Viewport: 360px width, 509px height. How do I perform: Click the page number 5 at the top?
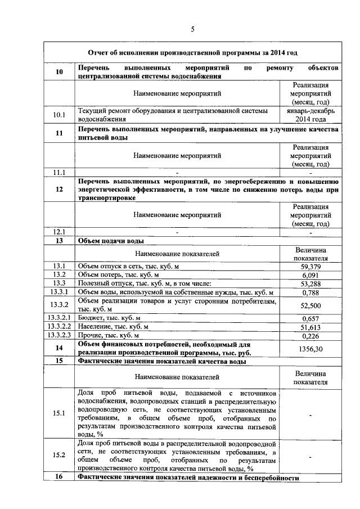click(x=192, y=29)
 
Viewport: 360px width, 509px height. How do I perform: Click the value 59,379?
click(x=310, y=266)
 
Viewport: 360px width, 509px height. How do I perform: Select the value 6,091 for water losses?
click(x=310, y=274)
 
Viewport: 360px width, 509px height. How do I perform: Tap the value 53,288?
click(x=310, y=283)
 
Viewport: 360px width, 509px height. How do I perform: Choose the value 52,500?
click(x=310, y=305)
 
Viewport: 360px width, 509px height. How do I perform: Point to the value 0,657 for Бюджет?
click(x=310, y=318)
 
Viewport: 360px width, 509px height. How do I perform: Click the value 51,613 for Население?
click(x=310, y=327)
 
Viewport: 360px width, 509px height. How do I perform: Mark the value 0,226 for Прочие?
click(x=310, y=336)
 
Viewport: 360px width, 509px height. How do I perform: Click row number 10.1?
click(x=59, y=115)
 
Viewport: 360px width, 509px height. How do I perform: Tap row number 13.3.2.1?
click(x=59, y=318)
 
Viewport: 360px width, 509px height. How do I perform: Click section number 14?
click(x=59, y=349)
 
